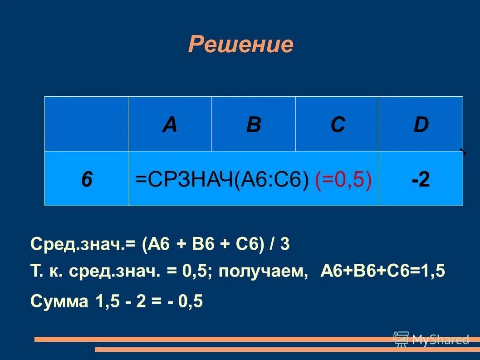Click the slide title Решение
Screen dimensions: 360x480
[x=240, y=44]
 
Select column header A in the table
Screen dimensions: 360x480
[x=170, y=124]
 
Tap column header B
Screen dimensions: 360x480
[x=254, y=124]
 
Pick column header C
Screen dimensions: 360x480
[x=338, y=124]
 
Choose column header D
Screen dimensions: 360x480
[x=421, y=124]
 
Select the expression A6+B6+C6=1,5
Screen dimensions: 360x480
[x=383, y=271]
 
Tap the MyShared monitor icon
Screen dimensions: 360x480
[x=401, y=339]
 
